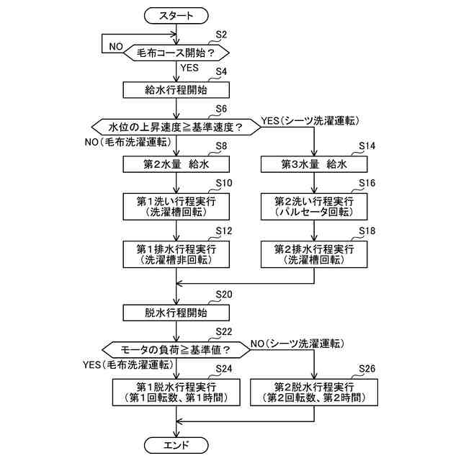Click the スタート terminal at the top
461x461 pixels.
click(x=176, y=16)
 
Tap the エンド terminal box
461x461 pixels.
click(x=176, y=445)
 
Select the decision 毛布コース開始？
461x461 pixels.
click(x=176, y=53)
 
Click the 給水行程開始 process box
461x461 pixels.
click(x=176, y=90)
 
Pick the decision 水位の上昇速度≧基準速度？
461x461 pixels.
click(x=176, y=127)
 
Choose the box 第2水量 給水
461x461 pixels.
click(x=176, y=164)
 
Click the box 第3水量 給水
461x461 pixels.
click(x=314, y=164)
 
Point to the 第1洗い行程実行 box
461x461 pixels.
click(x=176, y=207)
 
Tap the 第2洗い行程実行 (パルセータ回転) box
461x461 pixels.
click(x=314, y=207)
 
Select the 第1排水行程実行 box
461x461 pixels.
click(x=176, y=254)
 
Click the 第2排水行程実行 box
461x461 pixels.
click(x=314, y=254)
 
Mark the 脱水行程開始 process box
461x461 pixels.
click(x=176, y=313)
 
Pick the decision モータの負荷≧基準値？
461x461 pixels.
click(x=176, y=349)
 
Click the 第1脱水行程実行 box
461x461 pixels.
click(x=176, y=392)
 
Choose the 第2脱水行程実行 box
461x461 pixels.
click(x=314, y=392)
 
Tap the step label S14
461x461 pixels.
click(x=367, y=146)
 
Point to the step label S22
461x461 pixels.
click(x=224, y=331)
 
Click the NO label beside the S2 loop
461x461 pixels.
click(x=116, y=46)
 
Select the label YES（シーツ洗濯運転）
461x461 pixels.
click(x=310, y=120)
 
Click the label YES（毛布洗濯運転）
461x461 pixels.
click(x=128, y=364)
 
